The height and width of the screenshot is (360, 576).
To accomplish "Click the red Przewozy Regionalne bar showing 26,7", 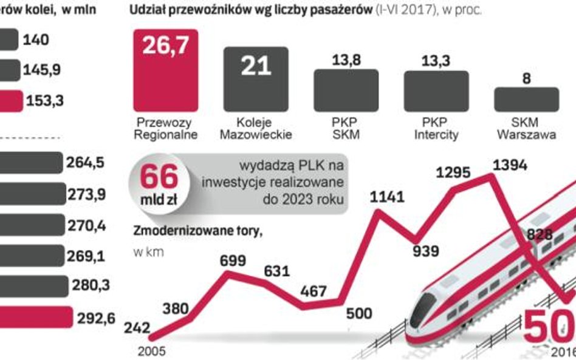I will click(x=165, y=69).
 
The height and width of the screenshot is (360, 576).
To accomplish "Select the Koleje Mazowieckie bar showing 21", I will click(x=256, y=76).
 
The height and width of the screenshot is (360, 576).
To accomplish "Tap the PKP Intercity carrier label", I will click(x=436, y=129).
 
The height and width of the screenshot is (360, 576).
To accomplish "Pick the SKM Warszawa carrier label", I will click(x=526, y=129).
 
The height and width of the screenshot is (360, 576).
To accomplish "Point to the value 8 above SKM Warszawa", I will click(x=526, y=78).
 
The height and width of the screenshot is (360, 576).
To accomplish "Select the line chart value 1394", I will click(x=510, y=164).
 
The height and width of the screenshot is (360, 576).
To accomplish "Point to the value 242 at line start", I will click(x=137, y=327).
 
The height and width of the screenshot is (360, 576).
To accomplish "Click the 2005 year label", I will click(x=151, y=350).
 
